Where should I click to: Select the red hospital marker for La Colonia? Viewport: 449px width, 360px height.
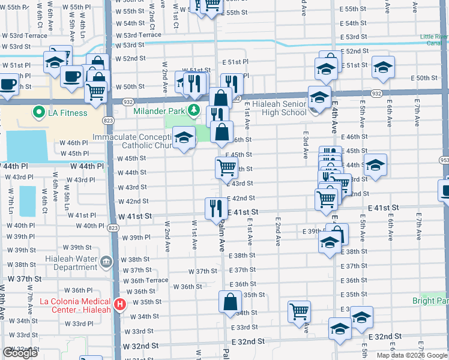120,305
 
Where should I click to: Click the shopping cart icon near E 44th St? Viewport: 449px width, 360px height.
226,168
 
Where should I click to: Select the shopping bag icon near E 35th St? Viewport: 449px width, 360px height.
231,302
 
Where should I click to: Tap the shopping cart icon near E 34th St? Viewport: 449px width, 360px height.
299,311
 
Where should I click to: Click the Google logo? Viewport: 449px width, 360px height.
20,353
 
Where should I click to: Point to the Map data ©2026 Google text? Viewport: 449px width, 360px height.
411,355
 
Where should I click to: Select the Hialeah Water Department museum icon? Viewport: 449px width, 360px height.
106,263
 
